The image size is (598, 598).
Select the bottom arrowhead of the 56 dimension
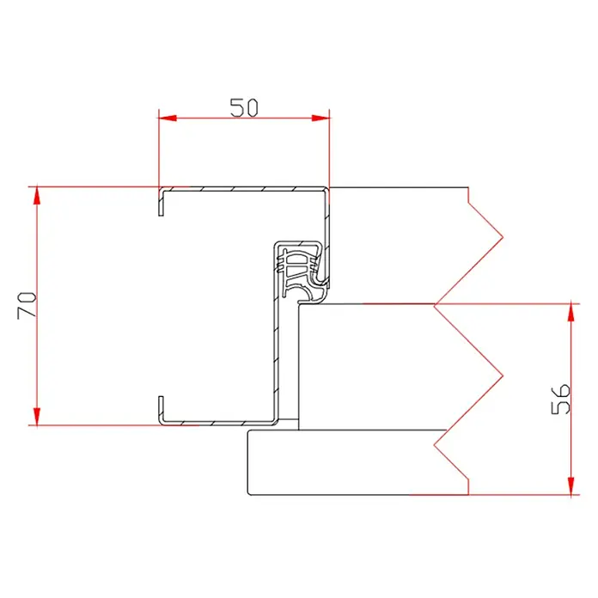[x=571, y=487]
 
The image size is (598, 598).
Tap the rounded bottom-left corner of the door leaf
[x=250, y=491]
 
